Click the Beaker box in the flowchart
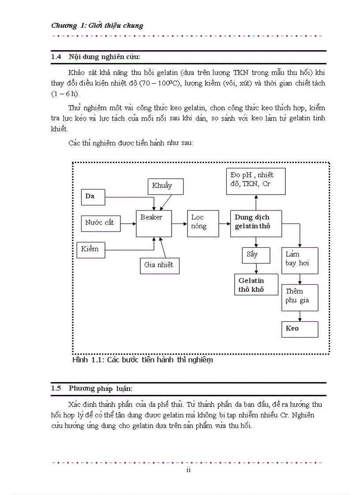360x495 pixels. [154, 223]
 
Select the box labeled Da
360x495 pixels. [93, 197]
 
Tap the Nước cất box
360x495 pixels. [100, 223]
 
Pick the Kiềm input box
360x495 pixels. [90, 249]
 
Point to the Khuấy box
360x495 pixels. [165, 186]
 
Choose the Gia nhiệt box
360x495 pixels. [159, 265]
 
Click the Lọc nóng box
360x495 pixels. [202, 223]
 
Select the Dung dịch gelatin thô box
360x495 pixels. [256, 223]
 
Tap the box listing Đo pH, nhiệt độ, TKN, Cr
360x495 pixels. [255, 181]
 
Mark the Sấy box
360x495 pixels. [255, 255]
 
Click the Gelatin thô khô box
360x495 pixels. [256, 285]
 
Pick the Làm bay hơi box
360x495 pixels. [300, 260]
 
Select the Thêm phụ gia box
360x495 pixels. [300, 297]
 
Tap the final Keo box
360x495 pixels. [300, 329]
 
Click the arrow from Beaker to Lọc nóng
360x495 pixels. [179, 223]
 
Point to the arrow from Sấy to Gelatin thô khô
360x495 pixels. [256, 268]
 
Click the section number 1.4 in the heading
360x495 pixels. [56, 57]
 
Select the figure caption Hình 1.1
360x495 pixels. [142, 360]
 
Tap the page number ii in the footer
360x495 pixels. [188, 470]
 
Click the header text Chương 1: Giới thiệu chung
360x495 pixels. [97, 26]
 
